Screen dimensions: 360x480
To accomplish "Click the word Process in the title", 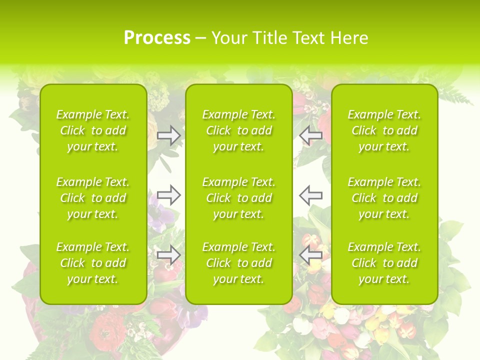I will click(x=157, y=38).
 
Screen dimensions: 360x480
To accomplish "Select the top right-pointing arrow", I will click(x=168, y=135).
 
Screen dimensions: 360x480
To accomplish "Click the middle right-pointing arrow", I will click(x=168, y=195).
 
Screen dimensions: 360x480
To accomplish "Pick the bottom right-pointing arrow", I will click(x=168, y=255).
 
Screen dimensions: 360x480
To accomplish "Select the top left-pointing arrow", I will click(x=310, y=135).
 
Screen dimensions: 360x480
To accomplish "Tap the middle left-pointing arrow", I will click(x=310, y=195).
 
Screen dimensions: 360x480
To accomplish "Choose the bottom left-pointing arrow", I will click(x=310, y=255).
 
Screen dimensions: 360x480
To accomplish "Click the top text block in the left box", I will click(x=93, y=130).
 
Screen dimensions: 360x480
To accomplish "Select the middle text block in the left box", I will click(x=93, y=198).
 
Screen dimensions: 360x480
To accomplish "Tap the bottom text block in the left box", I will click(x=93, y=263).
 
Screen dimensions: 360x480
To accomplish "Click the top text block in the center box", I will click(x=239, y=130).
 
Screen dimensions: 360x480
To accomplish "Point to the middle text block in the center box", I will click(x=239, y=198).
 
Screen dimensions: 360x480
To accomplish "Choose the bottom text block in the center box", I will click(x=239, y=263).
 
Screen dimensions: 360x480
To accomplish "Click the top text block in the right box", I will click(x=384, y=130).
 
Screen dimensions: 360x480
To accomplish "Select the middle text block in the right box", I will click(x=384, y=198).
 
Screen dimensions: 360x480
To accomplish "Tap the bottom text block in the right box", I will click(x=384, y=263).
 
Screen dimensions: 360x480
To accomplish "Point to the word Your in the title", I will click(x=227, y=38).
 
